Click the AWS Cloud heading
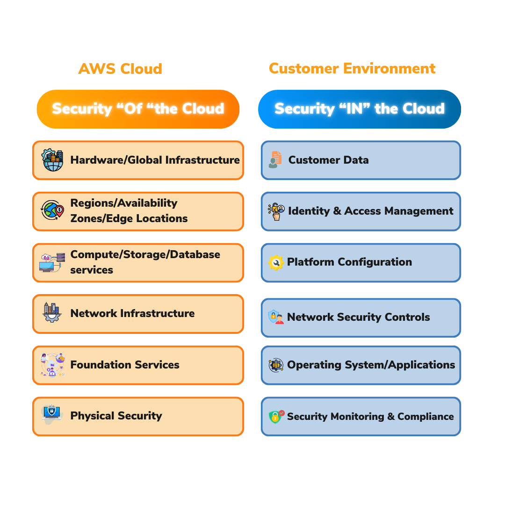tap(120, 69)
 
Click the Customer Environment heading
tap(352, 69)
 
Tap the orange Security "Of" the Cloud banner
tap(138, 109)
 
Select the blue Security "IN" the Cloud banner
tap(359, 109)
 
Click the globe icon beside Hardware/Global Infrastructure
tap(52, 160)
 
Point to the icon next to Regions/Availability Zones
tap(52, 210)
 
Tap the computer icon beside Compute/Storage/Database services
tap(51, 262)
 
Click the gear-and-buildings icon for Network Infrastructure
tap(51, 313)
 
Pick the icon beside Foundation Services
tap(52, 365)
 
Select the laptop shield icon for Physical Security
tap(51, 414)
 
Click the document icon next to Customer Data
tap(275, 159)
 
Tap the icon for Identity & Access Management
tap(276, 211)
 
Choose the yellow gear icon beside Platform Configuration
tap(276, 262)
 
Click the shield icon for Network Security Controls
tap(275, 317)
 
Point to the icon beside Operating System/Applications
tap(276, 365)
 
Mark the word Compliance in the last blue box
tap(426, 416)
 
